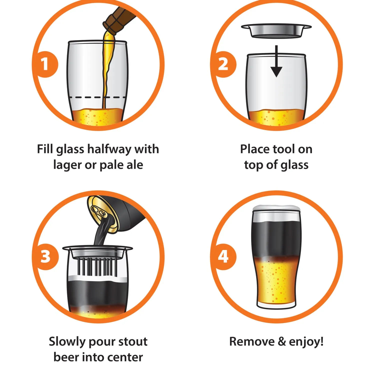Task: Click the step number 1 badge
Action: coord(45,64)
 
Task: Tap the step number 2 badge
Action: coord(223,64)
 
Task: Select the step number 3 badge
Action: coord(45,257)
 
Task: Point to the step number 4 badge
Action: coord(223,257)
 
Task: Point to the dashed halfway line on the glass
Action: coord(97,97)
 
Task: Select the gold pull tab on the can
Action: coord(99,211)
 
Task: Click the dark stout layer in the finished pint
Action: coord(276,239)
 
